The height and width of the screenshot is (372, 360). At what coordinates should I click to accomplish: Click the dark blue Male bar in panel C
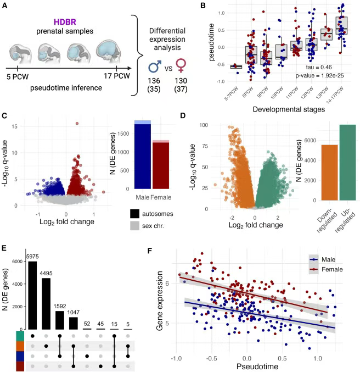[143, 156]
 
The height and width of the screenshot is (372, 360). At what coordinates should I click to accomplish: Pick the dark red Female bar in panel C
[161, 165]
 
